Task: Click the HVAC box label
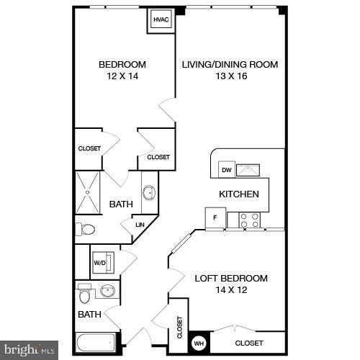161,20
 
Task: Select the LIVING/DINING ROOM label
230,65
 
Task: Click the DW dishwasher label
226,171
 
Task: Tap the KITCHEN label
239,194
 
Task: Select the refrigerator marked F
215,218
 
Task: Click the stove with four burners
250,220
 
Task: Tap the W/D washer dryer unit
99,263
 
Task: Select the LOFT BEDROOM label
231,279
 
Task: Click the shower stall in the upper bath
89,192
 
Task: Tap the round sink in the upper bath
149,192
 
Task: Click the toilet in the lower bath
85,295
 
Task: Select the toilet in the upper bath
86,230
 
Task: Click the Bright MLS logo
30,351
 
